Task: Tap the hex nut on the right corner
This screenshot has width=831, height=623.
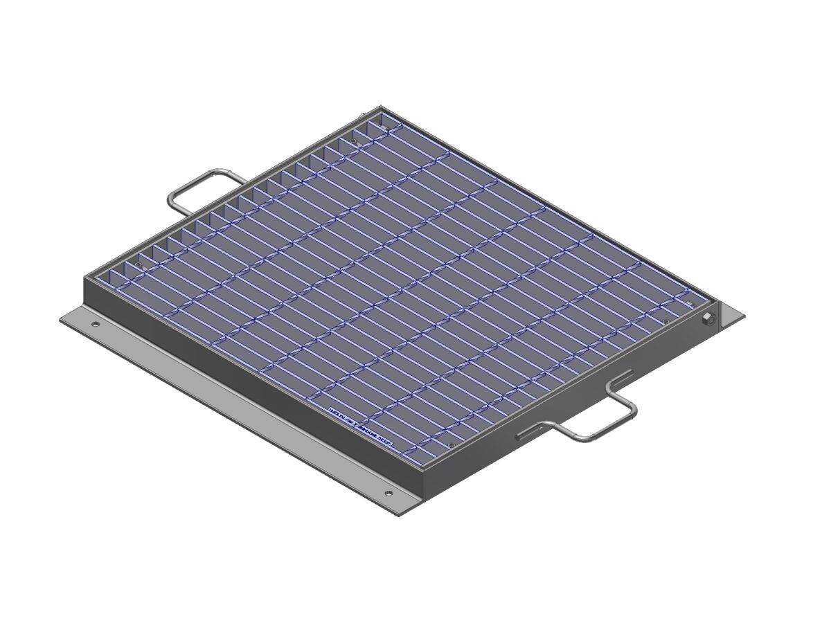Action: pyautogui.click(x=708, y=319)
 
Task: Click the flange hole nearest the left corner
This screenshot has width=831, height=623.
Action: pyautogui.click(x=96, y=324)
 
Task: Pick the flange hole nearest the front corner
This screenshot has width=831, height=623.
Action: pyautogui.click(x=387, y=494)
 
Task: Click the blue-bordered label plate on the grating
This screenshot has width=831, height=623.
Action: pyautogui.click(x=360, y=423)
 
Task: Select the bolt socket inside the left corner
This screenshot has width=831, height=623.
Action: pyautogui.click(x=140, y=265)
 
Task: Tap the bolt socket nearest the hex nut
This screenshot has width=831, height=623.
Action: pyautogui.click(x=665, y=322)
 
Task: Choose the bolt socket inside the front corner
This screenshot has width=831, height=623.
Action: pyautogui.click(x=451, y=445)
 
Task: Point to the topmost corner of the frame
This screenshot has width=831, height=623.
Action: pyautogui.click(x=380, y=107)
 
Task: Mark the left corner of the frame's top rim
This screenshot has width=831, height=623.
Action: pyautogui.click(x=85, y=278)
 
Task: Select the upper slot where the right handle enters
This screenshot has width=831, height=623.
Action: pyautogui.click(x=620, y=378)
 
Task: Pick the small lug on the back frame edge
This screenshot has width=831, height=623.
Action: pyautogui.click(x=361, y=117)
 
